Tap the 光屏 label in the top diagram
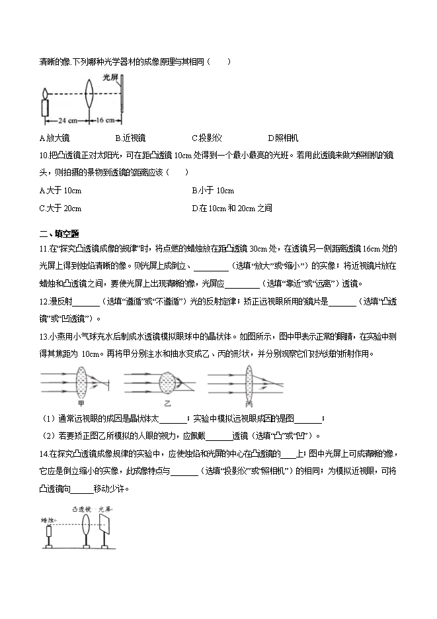110,77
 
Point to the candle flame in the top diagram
44,93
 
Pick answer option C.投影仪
206,138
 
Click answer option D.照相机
283,138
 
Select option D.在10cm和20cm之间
232,208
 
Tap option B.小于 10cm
213,191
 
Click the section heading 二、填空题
60,233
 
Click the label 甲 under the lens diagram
81,403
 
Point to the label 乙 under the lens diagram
167,403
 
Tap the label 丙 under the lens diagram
249,403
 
